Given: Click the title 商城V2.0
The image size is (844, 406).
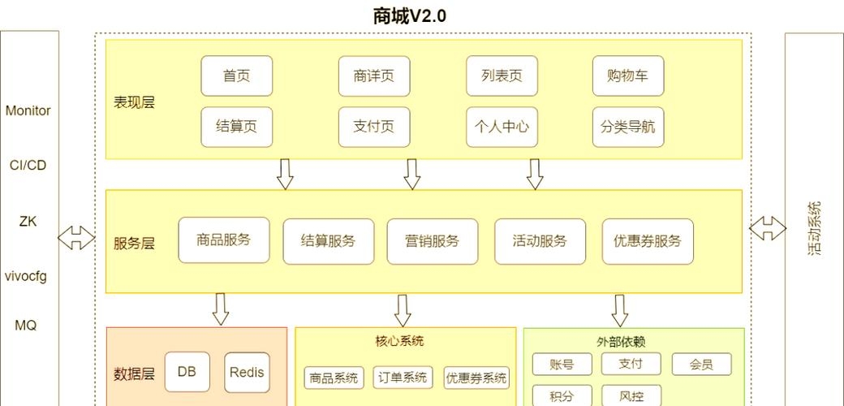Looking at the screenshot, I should pyautogui.click(x=410, y=15).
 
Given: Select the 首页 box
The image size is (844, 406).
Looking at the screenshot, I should pyautogui.click(x=237, y=76).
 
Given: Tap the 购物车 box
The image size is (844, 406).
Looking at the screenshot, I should pyautogui.click(x=628, y=76).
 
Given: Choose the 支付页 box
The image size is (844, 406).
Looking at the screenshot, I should pyautogui.click(x=374, y=127).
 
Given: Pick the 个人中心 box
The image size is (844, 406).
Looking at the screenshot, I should pyautogui.click(x=502, y=127).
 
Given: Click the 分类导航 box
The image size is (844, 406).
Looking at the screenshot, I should pyautogui.click(x=628, y=127).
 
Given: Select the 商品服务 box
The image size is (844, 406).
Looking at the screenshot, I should pyautogui.click(x=224, y=240).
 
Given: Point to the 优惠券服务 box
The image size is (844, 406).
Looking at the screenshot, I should pyautogui.click(x=648, y=241).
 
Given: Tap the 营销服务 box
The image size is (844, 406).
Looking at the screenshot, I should pyautogui.click(x=433, y=241).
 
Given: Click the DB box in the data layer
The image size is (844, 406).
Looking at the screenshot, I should pyautogui.click(x=187, y=373).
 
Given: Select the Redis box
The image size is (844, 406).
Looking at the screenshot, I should pyautogui.click(x=247, y=373).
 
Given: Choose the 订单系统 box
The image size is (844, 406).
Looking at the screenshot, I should pyautogui.click(x=403, y=378).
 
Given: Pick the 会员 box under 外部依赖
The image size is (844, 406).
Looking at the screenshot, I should pyautogui.click(x=701, y=365).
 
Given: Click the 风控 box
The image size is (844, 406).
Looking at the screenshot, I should pyautogui.click(x=631, y=396).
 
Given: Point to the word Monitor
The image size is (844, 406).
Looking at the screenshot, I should pyautogui.click(x=28, y=110).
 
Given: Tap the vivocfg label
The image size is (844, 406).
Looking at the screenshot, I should pyautogui.click(x=26, y=276).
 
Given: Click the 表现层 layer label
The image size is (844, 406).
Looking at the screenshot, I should pyautogui.click(x=134, y=102).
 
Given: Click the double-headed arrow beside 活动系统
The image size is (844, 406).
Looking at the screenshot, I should pyautogui.click(x=767, y=228).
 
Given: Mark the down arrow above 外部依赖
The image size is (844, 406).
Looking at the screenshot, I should pyautogui.click(x=620, y=310).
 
